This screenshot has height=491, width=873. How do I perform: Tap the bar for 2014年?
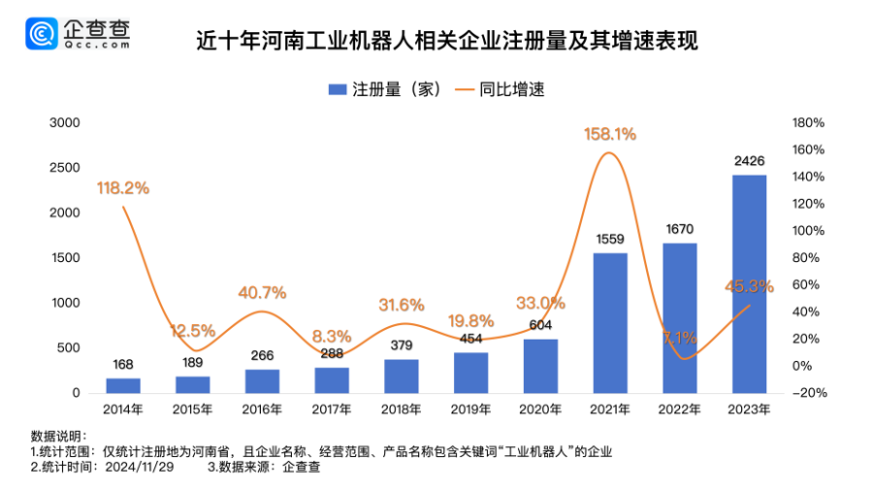(122, 385)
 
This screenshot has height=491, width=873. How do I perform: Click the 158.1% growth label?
(609, 135)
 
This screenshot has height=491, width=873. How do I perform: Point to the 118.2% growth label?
(123, 188)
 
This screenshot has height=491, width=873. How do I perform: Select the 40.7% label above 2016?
(262, 292)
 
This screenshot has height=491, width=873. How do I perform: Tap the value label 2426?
(749, 161)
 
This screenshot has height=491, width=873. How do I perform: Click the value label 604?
(540, 325)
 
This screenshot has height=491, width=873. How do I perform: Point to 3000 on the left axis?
(64, 123)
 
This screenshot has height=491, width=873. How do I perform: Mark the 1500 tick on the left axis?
(64, 258)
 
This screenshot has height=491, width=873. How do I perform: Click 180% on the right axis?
(808, 123)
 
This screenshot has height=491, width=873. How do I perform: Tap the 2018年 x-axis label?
(402, 410)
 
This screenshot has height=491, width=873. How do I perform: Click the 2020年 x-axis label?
(540, 410)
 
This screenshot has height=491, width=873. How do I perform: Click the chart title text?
(446, 42)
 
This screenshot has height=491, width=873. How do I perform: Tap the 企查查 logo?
(78, 36)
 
